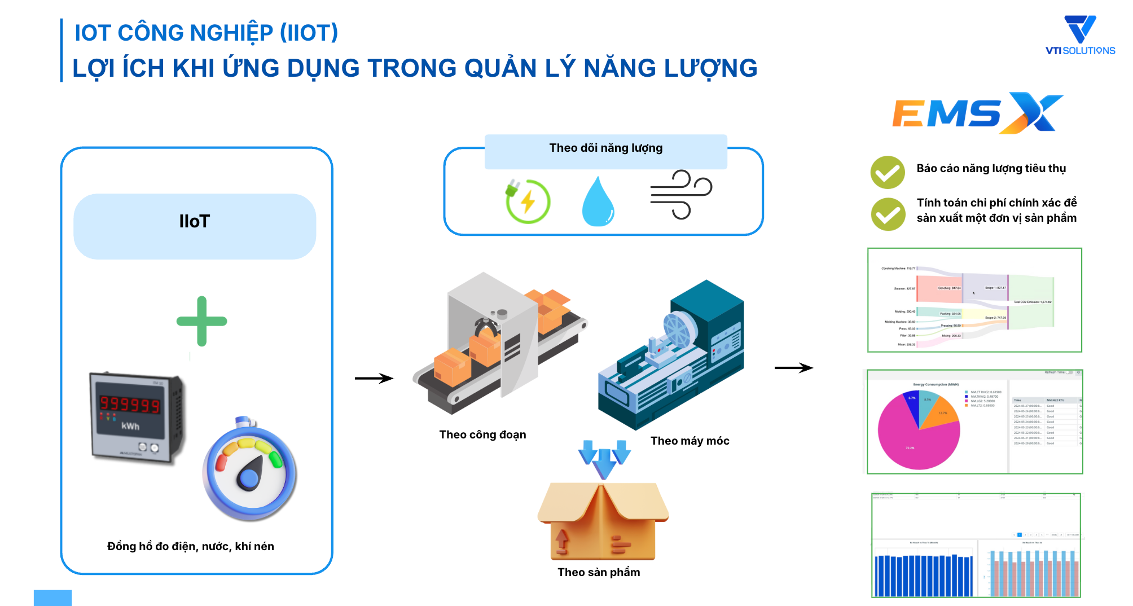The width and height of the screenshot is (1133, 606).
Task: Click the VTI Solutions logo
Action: point(1080,35)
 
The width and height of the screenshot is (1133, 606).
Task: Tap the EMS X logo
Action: point(976,113)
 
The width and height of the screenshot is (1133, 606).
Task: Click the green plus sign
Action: point(202,321)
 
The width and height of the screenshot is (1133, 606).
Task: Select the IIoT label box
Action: point(195,226)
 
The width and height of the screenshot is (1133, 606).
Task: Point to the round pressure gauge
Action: point(250,472)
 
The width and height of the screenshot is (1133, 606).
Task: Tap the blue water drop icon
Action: point(598,202)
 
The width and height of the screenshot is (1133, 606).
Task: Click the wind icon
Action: point(681,194)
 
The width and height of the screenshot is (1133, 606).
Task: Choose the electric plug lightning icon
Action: point(527,201)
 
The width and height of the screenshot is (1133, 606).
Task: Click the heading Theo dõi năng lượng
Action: point(605,148)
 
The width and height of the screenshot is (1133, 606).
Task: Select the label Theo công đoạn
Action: point(482,434)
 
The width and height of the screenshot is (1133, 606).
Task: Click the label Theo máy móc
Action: point(690,441)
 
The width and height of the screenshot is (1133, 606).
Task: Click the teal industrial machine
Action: point(671,355)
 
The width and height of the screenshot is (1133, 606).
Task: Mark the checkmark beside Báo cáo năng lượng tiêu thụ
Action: point(887,172)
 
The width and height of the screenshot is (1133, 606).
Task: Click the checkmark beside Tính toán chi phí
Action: point(888,214)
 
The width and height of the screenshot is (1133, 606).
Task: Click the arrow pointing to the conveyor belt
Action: point(374,378)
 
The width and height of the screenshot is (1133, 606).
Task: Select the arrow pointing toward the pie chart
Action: point(793,368)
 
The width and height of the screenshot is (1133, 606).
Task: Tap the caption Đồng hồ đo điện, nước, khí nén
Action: point(191,546)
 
